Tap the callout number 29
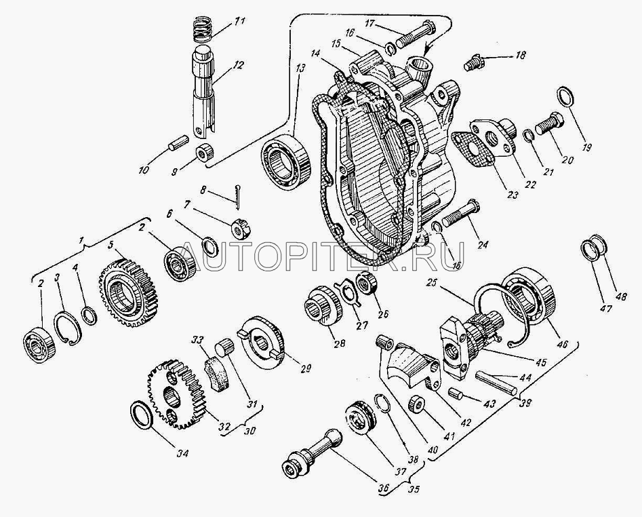pos(306,369)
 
